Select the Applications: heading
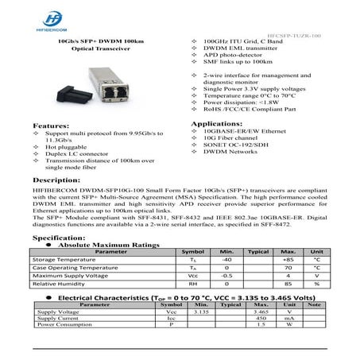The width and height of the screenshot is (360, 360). tap(219, 126)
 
